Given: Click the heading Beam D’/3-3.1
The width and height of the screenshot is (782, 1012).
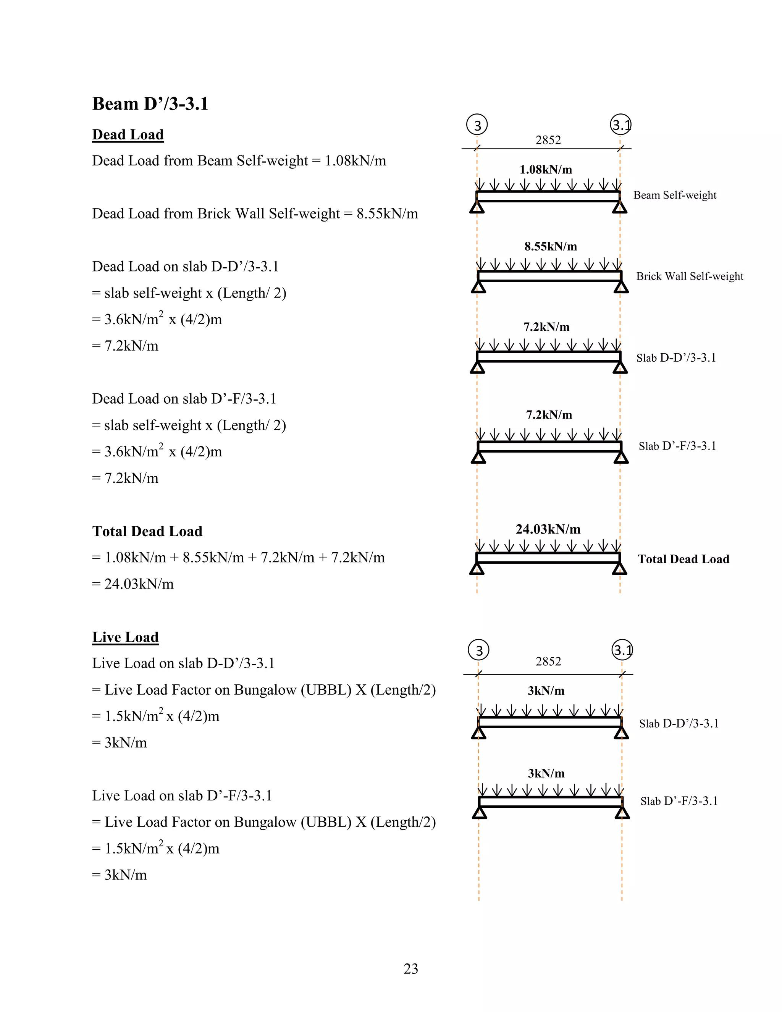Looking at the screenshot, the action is click(x=150, y=104).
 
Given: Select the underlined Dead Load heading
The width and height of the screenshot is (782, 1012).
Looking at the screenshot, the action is click(x=128, y=134).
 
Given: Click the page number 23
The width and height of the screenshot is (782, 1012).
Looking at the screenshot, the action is click(x=411, y=968).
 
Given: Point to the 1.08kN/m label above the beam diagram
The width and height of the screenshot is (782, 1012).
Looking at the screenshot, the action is click(x=546, y=170).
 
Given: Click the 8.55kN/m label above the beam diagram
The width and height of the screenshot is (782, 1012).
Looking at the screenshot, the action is click(x=550, y=247).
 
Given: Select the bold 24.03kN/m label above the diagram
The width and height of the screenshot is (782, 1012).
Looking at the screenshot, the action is click(x=548, y=529).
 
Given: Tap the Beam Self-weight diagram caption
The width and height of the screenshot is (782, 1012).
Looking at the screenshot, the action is click(x=675, y=195).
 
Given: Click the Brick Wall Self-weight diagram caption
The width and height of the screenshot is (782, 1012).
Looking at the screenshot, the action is click(x=689, y=276).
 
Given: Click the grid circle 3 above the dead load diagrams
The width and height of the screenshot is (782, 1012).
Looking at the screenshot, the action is click(x=477, y=125).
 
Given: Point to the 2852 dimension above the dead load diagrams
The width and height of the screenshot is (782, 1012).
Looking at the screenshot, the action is click(x=548, y=140).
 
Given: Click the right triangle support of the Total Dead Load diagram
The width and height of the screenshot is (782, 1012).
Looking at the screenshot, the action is click(x=619, y=569).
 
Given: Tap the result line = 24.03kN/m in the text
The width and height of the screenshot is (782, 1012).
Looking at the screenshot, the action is click(x=133, y=584).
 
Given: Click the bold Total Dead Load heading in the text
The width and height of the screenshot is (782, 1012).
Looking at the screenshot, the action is click(x=147, y=531).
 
